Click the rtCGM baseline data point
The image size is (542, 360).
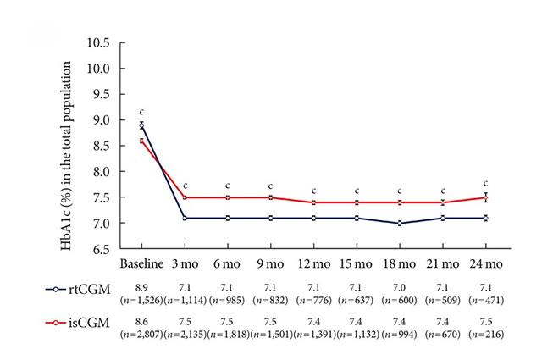[141, 125]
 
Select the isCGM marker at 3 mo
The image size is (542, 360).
[185, 197]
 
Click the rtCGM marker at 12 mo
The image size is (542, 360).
[314, 218]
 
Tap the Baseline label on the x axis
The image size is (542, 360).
[141, 263]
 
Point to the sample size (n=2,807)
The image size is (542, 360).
[141, 335]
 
